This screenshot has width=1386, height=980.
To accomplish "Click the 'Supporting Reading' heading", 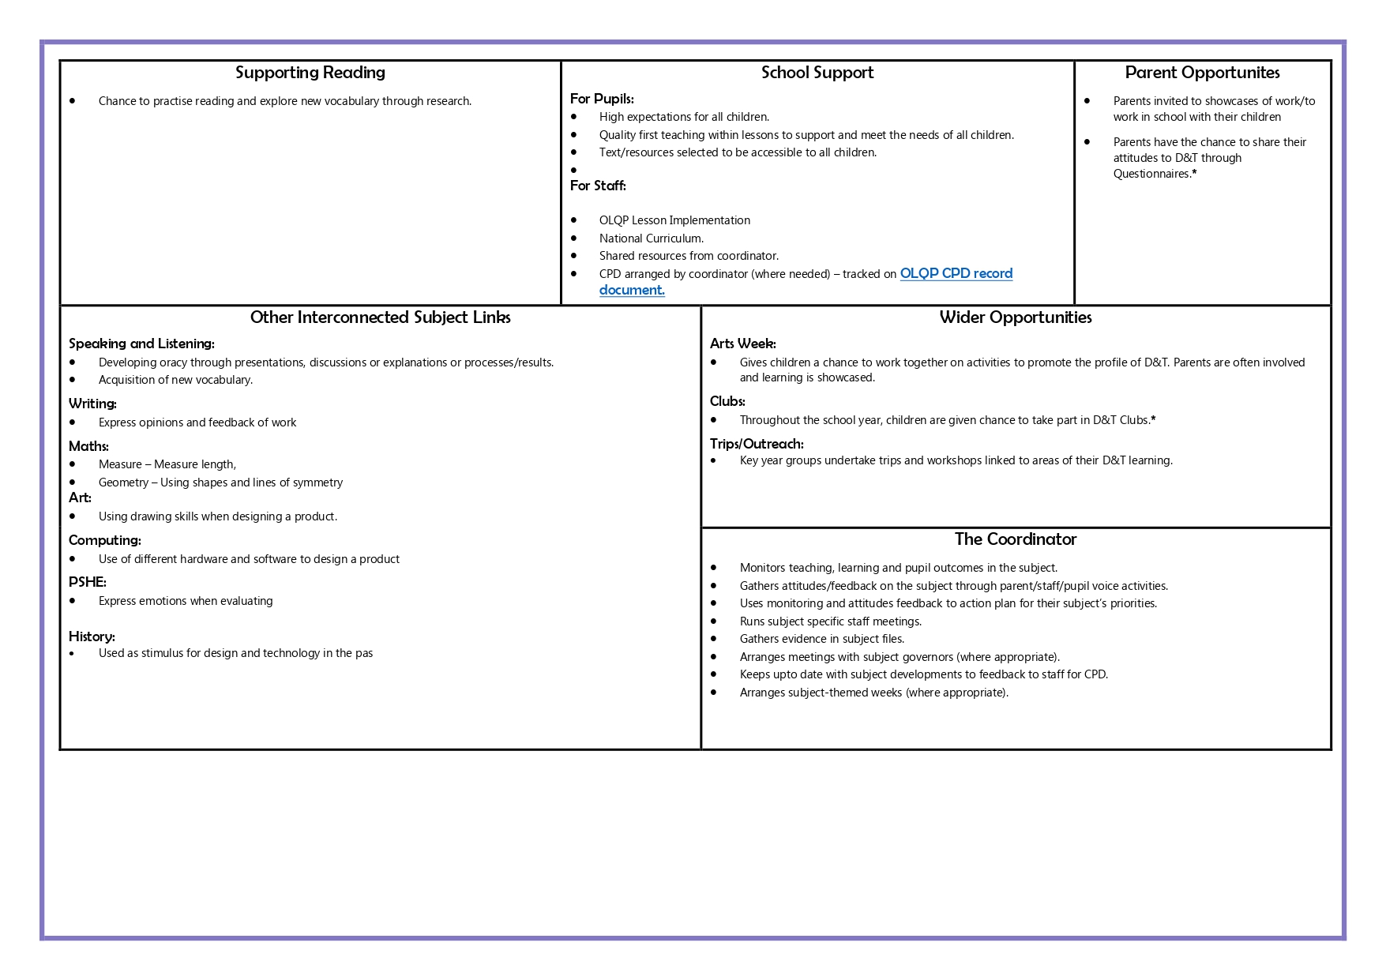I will coord(310,73).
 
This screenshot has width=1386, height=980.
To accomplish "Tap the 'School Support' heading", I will coord(817,73).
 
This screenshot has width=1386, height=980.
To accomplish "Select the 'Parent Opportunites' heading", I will coord(1202,73).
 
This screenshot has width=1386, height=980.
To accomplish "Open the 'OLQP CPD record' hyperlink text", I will coord(956,273).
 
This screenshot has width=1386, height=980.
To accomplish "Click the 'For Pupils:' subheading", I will coord(602,99).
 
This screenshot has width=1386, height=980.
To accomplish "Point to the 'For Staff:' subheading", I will coord(598,186).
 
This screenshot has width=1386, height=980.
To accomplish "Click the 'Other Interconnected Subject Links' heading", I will coord(380,317).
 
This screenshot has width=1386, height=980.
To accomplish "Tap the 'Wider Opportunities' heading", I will coord(1015,317).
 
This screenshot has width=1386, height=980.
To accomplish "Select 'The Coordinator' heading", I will coord(1015,539).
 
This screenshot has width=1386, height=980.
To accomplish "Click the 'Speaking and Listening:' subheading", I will coord(141,344).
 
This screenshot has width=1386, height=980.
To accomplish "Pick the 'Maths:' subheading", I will coord(88,446).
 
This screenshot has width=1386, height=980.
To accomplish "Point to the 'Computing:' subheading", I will coord(104,540).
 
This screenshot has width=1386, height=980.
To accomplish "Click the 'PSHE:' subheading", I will coord(87,582).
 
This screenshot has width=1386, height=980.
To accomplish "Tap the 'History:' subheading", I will coord(92,636).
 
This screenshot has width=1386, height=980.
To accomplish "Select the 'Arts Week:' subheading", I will coord(742,344).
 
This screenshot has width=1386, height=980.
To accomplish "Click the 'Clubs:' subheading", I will coord(727,401).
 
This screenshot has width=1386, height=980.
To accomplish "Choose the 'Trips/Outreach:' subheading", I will coord(757,444).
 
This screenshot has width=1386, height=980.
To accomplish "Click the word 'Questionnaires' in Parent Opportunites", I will coord(1151,174).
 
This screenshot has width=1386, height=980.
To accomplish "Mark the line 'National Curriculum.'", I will coord(651,238).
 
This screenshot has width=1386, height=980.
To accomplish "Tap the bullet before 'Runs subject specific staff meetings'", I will coord(713,621).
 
